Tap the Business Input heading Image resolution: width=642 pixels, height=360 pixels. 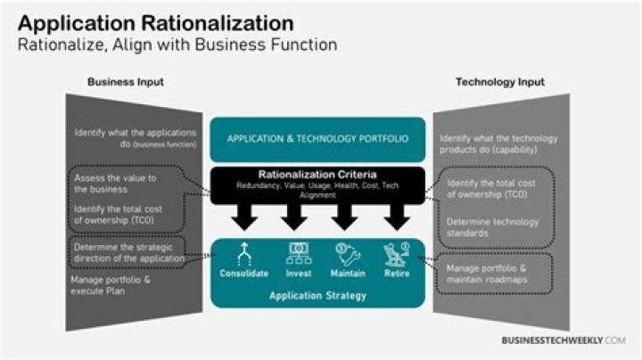tap(126, 82)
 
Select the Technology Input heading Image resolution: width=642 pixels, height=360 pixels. tap(500, 82)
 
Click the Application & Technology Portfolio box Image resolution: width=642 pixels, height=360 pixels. tap(317, 139)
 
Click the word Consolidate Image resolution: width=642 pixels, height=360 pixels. tap(244, 273)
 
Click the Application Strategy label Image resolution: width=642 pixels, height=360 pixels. tap(318, 295)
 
